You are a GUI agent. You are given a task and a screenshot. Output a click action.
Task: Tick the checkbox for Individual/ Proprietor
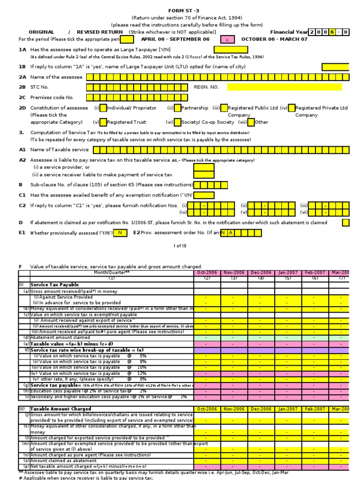pyautogui.click(x=103, y=108)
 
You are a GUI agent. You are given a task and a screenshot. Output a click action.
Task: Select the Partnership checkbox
pyautogui.click(x=178, y=108)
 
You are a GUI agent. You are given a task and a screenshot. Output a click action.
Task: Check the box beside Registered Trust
pyautogui.click(x=103, y=122)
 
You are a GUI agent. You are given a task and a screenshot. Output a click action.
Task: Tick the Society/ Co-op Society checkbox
pyautogui.click(x=178, y=122)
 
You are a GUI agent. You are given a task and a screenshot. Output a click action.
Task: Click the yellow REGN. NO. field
pyautogui.click(x=284, y=87)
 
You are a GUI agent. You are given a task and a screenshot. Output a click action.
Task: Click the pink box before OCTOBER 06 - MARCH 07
pyautogui.click(x=227, y=39)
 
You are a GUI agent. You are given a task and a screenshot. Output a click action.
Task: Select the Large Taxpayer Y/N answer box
pyautogui.click(x=231, y=50)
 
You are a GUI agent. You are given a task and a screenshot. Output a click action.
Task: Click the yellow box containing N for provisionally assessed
pyautogui.click(x=120, y=233)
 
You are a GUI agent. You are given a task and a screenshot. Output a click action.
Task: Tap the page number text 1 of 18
pyautogui.click(x=180, y=246)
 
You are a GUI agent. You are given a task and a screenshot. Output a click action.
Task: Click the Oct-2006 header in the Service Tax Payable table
pyautogui.click(x=207, y=272)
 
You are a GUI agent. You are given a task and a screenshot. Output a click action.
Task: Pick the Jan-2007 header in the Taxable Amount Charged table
pyautogui.click(x=288, y=409)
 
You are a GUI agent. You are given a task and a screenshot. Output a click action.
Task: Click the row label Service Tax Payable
pyautogui.click(x=54, y=285)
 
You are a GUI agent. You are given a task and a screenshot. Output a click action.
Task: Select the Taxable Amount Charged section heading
pyautogui.click(x=59, y=409)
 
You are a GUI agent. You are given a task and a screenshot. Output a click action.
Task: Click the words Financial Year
pyautogui.click(x=289, y=32)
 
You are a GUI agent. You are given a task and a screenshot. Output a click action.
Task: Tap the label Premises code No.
pyautogui.click(x=52, y=97)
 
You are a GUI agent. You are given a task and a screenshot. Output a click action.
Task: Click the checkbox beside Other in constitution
pyautogui.click(x=251, y=122)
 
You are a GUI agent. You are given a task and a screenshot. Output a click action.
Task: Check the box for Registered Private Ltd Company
pyautogui.click(x=292, y=108)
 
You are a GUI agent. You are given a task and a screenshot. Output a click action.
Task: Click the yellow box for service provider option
pyautogui.click(x=204, y=167)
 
